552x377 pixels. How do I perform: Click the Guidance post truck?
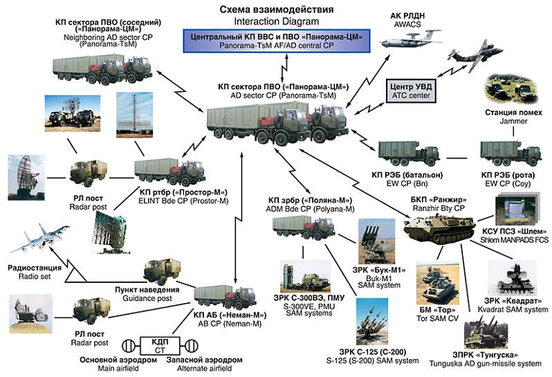coord(166,271)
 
